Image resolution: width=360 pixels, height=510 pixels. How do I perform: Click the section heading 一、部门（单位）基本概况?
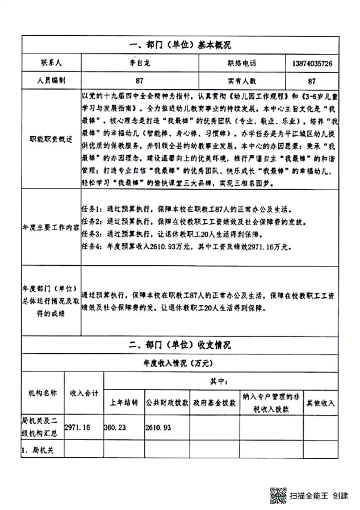click(180, 44)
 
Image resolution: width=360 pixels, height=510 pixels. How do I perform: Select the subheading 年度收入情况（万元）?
click(180, 363)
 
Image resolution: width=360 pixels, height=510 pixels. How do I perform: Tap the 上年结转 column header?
click(124, 403)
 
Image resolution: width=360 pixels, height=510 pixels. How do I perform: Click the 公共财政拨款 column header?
click(166, 403)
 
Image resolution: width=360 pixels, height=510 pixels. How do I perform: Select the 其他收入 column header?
click(321, 403)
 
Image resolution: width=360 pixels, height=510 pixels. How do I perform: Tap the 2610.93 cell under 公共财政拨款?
click(158, 427)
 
